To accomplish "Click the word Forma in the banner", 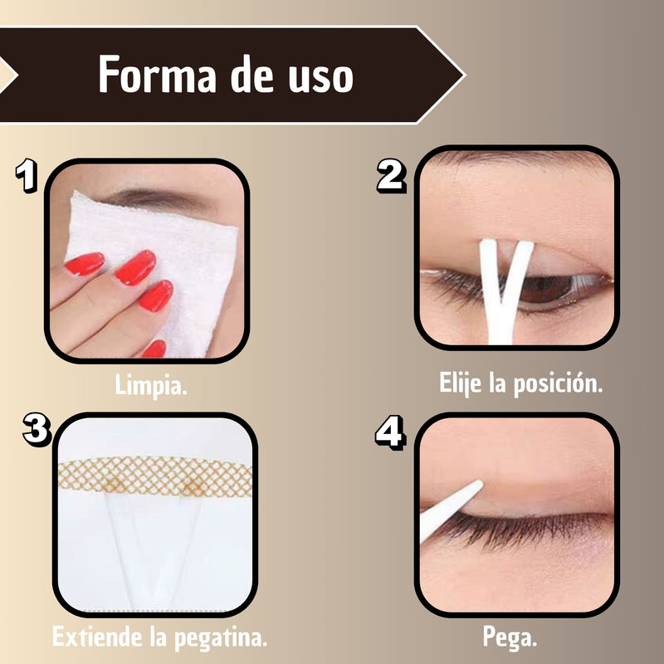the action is (x=158, y=75).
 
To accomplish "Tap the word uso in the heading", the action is (x=320, y=79).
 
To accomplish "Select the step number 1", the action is (x=27, y=175).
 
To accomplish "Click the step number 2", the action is (x=391, y=176).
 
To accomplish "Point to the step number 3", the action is (x=37, y=429).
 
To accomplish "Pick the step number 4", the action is (x=390, y=432).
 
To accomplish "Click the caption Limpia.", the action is (x=151, y=385).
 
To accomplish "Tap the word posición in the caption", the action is (x=558, y=383).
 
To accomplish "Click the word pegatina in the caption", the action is (x=220, y=638).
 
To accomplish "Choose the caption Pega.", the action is (x=510, y=637).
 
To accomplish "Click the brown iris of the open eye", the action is (x=546, y=289).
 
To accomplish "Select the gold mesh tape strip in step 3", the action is (x=155, y=476).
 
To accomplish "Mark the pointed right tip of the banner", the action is (x=465, y=76).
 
